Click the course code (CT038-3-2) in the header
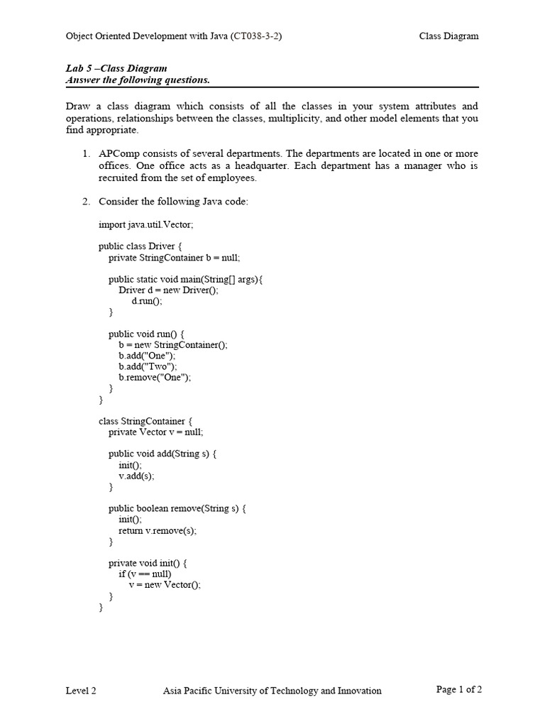(x=256, y=36)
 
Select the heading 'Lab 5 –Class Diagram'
(x=116, y=69)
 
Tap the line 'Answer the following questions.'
(x=138, y=80)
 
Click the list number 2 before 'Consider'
(x=85, y=202)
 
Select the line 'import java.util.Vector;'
(x=145, y=224)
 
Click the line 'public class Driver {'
(x=141, y=246)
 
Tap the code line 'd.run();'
(x=147, y=301)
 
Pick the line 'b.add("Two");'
(x=148, y=366)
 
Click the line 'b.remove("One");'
(x=155, y=378)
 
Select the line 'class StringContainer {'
(x=141, y=421)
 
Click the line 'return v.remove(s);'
(x=158, y=530)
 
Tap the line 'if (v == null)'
(x=145, y=574)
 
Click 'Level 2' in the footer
(x=81, y=690)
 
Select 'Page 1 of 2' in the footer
(x=458, y=689)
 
